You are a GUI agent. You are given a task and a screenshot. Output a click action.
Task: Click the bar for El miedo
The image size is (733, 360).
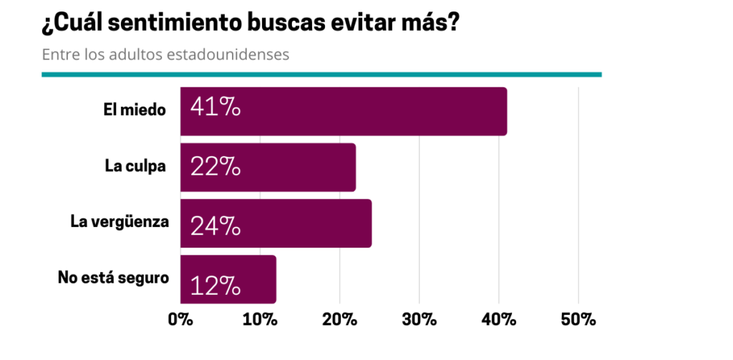pos(344,111)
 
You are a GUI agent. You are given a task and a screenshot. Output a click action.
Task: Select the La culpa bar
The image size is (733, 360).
pos(268,167)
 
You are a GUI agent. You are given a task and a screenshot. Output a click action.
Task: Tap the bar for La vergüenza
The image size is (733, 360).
pos(276,223)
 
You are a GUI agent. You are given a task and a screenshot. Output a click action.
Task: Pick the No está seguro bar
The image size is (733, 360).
pos(228,278)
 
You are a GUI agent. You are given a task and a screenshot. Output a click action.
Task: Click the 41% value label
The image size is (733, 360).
pos(215,109)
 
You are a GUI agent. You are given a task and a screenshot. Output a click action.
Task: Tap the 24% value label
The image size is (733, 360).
pos(215,225)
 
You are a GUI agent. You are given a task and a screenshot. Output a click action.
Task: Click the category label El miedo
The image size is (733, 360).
pos(134,110)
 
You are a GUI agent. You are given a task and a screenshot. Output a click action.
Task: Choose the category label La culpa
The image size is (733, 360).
pos(135,166)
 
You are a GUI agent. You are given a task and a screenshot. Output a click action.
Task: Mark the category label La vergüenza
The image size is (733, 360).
pos(120,221)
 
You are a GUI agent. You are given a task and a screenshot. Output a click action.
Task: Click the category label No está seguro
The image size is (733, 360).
pos(113,276)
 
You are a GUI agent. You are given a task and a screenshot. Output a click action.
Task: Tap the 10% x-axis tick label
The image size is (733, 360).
pos(260,320)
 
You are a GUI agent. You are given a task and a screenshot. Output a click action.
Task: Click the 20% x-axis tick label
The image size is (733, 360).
pos(339,320)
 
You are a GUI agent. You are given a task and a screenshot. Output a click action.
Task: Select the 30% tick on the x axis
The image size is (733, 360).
pos(419,320)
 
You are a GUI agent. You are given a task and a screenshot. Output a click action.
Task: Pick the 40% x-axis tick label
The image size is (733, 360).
pos(499,320)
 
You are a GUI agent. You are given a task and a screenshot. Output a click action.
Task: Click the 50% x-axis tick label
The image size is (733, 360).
pos(578,320)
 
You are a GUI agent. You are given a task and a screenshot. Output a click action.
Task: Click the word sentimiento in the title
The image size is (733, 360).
pos(186,24)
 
